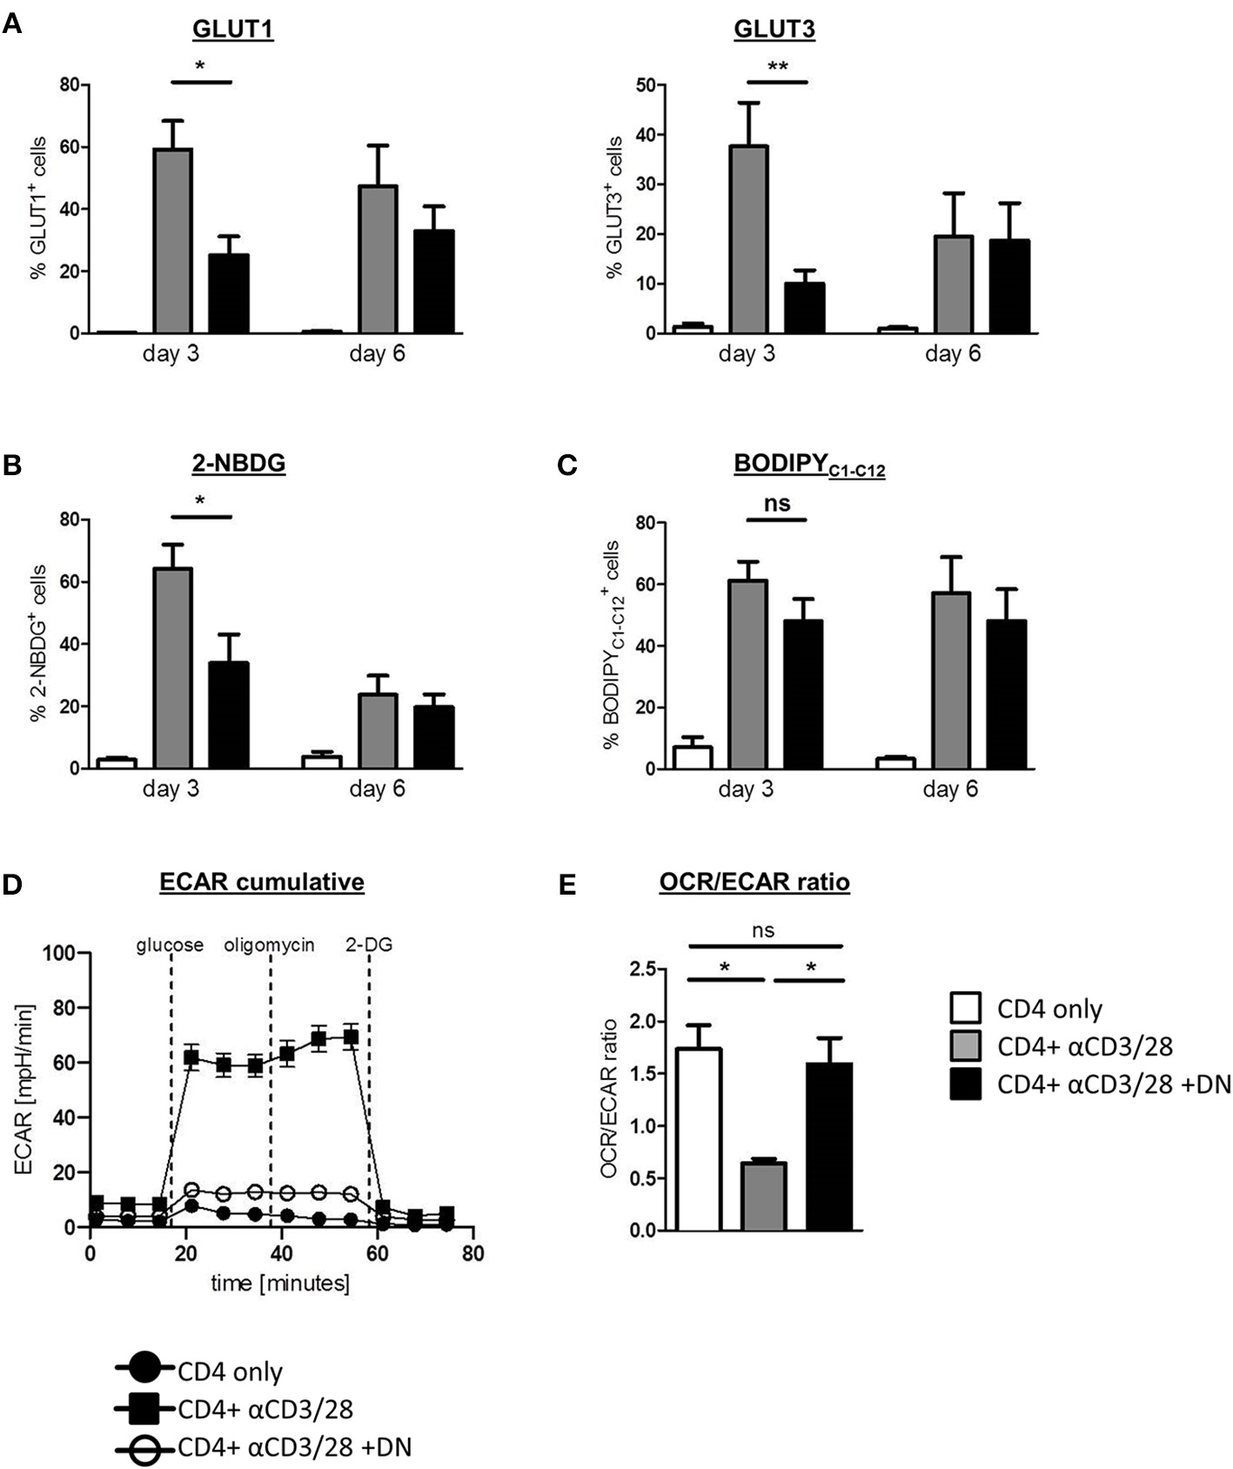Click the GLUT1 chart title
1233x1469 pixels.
(232, 30)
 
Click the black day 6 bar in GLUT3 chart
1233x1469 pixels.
(1009, 286)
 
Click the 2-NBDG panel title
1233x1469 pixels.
(238, 463)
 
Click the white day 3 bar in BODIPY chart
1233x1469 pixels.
(693, 758)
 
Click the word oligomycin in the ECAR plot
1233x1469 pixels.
(269, 945)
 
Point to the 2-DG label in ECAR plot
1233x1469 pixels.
(369, 945)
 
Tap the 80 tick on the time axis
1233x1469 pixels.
(472, 1253)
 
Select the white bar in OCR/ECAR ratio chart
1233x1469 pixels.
(699, 1140)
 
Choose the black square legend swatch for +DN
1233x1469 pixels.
(965, 1083)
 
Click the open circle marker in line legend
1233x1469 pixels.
(144, 1447)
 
